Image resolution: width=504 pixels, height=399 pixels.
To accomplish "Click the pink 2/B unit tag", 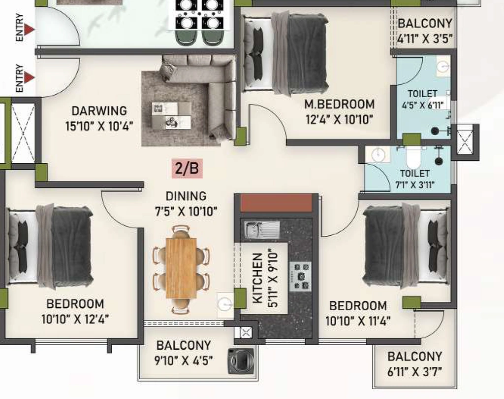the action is click(x=187, y=168).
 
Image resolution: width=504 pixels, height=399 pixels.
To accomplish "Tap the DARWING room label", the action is click(x=99, y=111).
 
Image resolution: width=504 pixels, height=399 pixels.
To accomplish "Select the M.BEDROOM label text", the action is click(x=340, y=105).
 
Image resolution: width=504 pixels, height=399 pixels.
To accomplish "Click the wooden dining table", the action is click(x=181, y=268).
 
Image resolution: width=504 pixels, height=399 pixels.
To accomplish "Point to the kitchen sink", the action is click(x=262, y=230).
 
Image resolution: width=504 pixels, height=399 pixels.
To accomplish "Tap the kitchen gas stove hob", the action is click(x=300, y=276).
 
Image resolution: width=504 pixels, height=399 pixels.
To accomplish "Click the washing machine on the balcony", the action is click(x=241, y=361).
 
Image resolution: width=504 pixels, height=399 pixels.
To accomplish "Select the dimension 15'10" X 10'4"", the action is click(x=99, y=126).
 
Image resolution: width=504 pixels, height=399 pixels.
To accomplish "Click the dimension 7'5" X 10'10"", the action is click(x=186, y=212).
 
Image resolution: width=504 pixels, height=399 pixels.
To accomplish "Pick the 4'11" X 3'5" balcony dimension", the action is click(x=425, y=39).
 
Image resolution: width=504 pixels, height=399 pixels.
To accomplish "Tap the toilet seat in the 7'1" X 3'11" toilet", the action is click(x=413, y=157).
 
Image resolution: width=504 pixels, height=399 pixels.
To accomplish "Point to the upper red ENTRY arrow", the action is click(x=30, y=30).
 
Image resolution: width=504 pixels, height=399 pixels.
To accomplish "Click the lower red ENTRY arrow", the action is click(x=30, y=77).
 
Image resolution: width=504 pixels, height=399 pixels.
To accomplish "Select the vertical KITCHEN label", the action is click(x=257, y=278).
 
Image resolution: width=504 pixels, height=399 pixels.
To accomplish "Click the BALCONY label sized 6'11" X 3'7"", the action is click(x=414, y=357).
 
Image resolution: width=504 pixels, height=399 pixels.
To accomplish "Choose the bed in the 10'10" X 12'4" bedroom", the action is click(x=50, y=246).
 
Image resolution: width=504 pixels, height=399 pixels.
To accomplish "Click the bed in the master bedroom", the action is click(x=286, y=53).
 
